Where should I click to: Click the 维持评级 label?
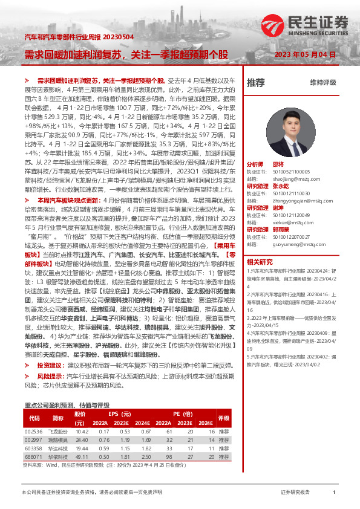tap(322, 82)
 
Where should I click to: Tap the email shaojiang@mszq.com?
tap(286, 178)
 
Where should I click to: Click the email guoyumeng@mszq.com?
tap(290, 244)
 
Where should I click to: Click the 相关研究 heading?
tap(260, 261)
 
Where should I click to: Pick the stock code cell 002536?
tap(33, 432)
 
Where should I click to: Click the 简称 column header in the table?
tap(58, 418)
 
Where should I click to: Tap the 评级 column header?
tap(223, 418)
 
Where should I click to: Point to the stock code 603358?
tap(33, 449)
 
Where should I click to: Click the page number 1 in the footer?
tap(334, 493)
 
